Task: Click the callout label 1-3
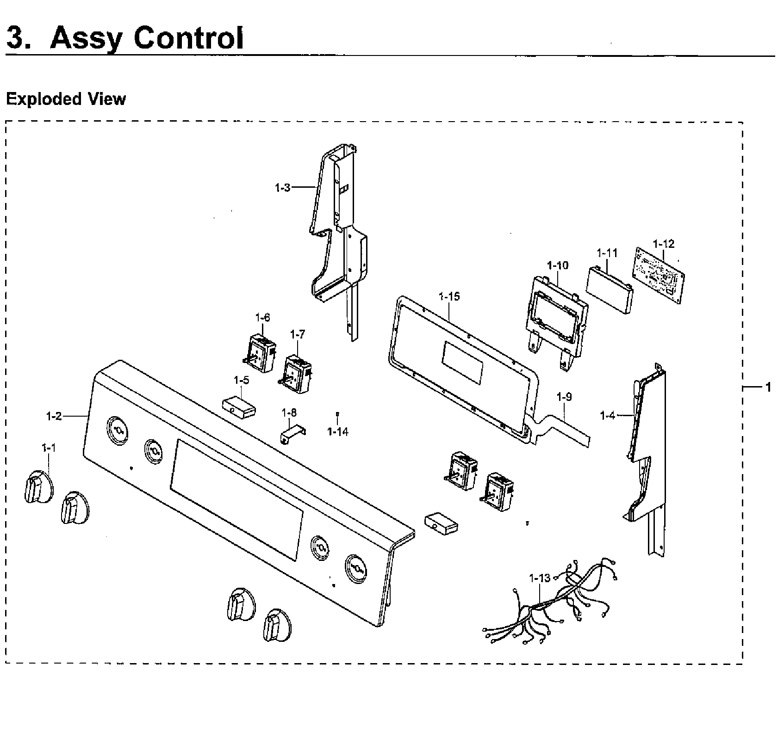[282, 188]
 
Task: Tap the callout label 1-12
[663, 244]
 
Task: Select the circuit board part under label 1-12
[659, 275]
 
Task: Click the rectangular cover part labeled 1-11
[609, 290]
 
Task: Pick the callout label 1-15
[449, 296]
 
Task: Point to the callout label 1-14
[337, 432]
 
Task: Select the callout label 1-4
[607, 416]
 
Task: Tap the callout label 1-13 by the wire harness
[540, 578]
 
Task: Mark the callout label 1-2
[54, 416]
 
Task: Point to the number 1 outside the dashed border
[768, 387]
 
